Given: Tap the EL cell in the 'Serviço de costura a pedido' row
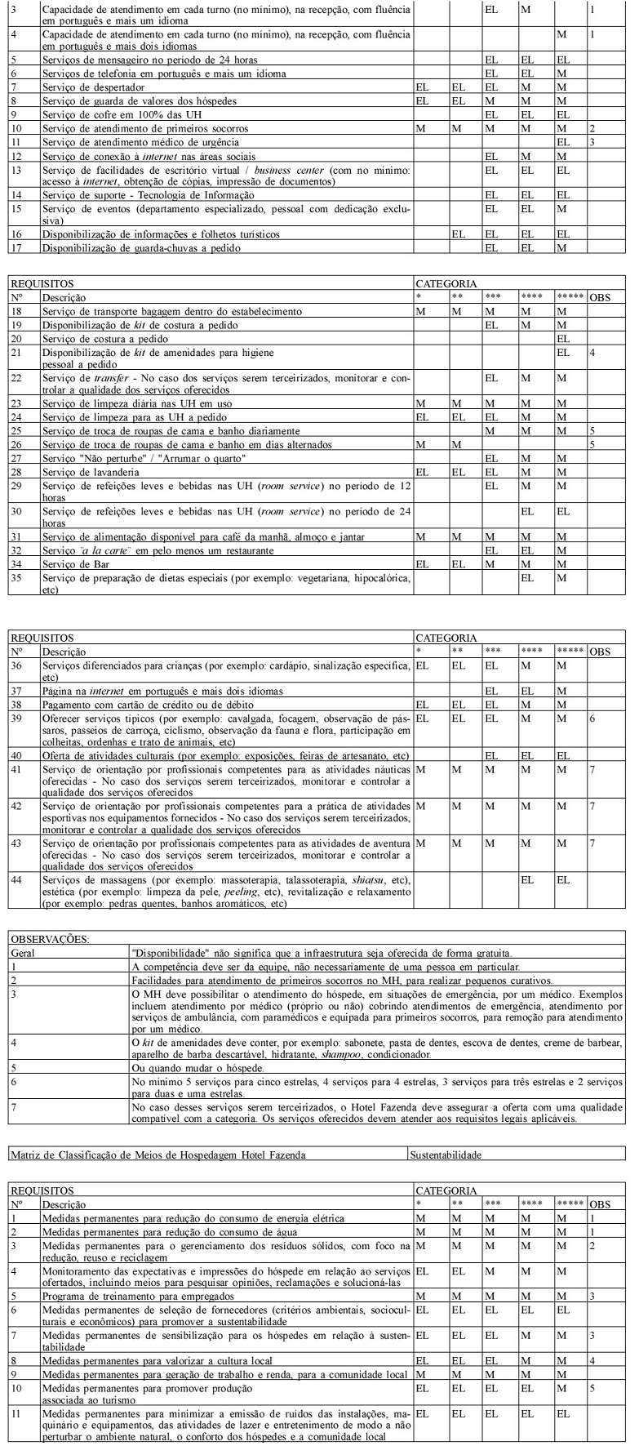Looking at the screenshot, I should coord(562,338).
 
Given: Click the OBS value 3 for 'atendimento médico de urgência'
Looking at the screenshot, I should coord(592,142).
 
